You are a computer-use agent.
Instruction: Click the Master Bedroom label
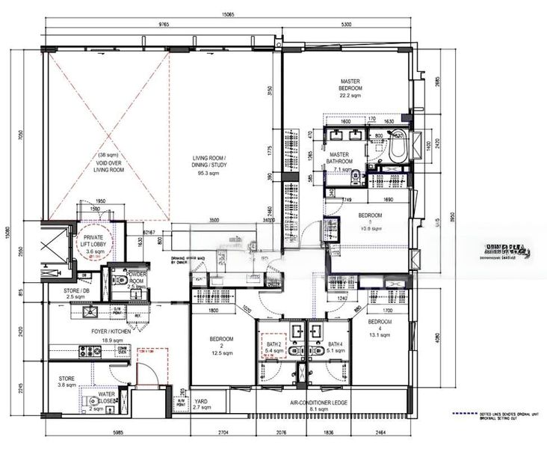351,86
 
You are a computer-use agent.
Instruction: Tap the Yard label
201,404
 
